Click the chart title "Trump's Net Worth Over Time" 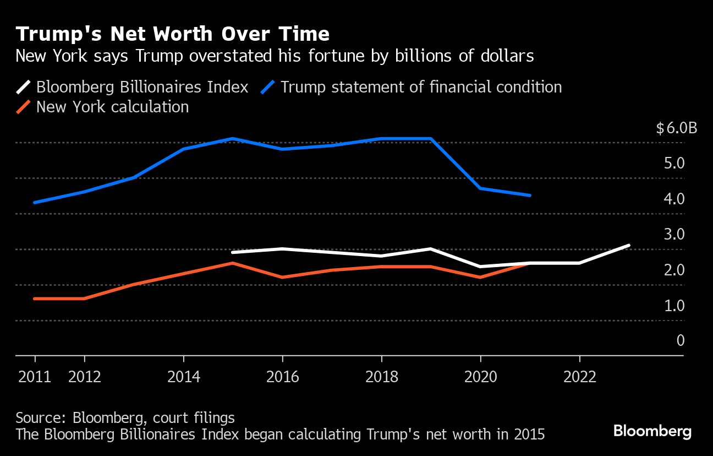pyautogui.click(x=172, y=34)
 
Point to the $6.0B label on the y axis pyautogui.click(x=676, y=128)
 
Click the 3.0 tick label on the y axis pyautogui.click(x=673, y=235)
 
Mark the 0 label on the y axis pyautogui.click(x=681, y=340)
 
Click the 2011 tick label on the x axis pyautogui.click(x=35, y=377)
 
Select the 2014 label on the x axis pyautogui.click(x=183, y=377)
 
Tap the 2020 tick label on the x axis pyautogui.click(x=480, y=377)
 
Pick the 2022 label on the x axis pyautogui.click(x=579, y=377)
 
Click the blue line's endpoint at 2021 pyautogui.click(x=530, y=195)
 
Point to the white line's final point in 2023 pyautogui.click(x=629, y=245)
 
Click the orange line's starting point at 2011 pyautogui.click(x=35, y=298)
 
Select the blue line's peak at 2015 pyautogui.click(x=233, y=138)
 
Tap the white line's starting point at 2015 pyautogui.click(x=233, y=252)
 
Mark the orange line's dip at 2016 pyautogui.click(x=282, y=277)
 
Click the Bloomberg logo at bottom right pyautogui.click(x=652, y=431)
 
